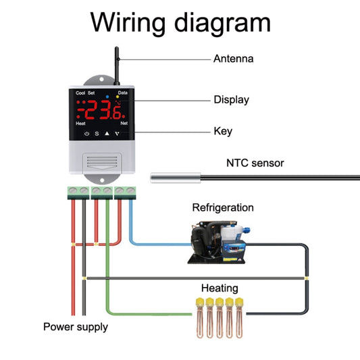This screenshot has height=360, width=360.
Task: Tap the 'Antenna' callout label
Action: pyautogui.click(x=233, y=59)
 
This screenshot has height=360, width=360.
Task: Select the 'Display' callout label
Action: pyautogui.click(x=231, y=99)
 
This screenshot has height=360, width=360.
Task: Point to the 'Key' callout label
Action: pyautogui.click(x=223, y=131)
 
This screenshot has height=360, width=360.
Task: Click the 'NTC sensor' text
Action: pyautogui.click(x=255, y=163)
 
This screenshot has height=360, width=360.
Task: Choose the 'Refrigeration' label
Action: pyautogui.click(x=223, y=208)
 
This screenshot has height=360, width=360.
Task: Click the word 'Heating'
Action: pyautogui.click(x=219, y=287)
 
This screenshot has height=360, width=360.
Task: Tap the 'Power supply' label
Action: pyautogui.click(x=75, y=327)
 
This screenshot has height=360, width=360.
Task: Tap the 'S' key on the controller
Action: pyautogui.click(x=96, y=134)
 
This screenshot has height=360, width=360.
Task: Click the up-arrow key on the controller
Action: pyautogui.click(x=106, y=134)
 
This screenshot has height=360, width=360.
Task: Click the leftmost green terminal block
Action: pyautogui.click(x=78, y=192)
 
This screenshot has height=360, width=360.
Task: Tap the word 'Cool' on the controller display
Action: pyautogui.click(x=80, y=93)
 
